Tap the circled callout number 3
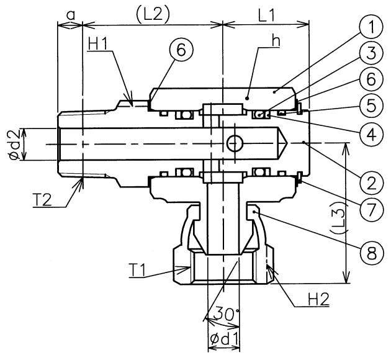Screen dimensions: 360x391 371,53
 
